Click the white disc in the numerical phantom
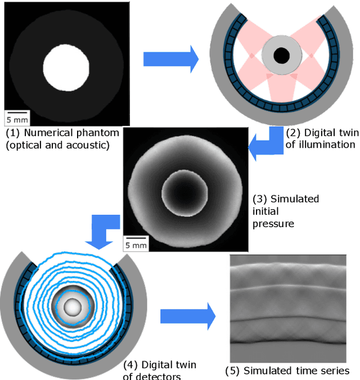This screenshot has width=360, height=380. tap(67, 69)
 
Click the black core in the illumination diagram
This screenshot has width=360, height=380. tap(281, 56)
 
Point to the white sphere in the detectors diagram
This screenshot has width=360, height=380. tap(72, 307)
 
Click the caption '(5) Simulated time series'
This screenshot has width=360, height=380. tap(287, 370)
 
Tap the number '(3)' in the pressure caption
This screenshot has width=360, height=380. tap(261, 199)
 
